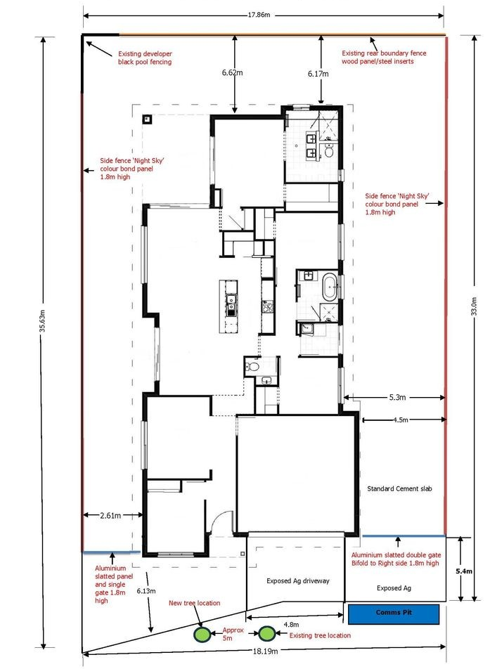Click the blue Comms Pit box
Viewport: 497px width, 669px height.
394,614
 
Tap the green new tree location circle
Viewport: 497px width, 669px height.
200,634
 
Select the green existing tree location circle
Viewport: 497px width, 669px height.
266,634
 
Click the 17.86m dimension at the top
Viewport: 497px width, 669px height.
259,15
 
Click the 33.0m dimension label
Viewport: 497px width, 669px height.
474,306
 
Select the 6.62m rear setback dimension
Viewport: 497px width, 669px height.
232,72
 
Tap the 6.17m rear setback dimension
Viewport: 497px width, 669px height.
318,74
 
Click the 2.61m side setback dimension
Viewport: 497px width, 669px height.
110,515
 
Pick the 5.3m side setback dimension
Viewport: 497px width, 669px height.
397,397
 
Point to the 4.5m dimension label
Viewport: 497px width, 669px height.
401,420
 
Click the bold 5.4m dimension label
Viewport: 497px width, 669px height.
464,571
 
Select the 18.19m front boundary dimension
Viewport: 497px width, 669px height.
265,651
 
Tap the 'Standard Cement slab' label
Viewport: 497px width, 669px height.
400,488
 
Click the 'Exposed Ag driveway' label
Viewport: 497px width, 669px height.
298,580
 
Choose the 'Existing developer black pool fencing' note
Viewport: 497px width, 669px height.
146,58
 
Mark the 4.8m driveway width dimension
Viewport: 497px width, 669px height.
291,625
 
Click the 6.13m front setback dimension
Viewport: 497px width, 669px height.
146,591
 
